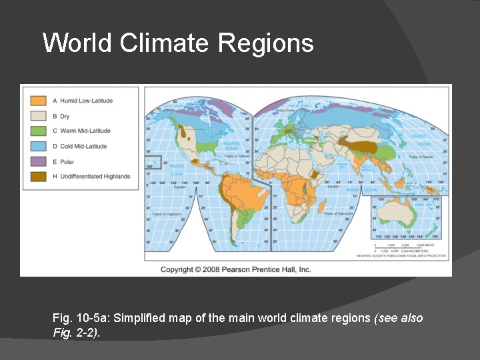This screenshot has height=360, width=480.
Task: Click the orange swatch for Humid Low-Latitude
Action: pos(38,101)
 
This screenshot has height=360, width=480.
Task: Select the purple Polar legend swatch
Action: pos(38,161)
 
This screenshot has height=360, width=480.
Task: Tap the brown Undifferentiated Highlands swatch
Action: pos(38,177)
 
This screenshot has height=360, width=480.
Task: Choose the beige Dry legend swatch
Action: pos(38,116)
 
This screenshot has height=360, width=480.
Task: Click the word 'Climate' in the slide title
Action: pos(165,43)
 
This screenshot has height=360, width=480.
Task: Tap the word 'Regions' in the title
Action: pos(265,43)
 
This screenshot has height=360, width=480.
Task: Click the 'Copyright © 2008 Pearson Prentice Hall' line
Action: pos(236,269)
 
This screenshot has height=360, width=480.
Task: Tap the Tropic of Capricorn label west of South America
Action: pos(166,215)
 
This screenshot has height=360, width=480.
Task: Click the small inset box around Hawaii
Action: pos(154,161)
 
